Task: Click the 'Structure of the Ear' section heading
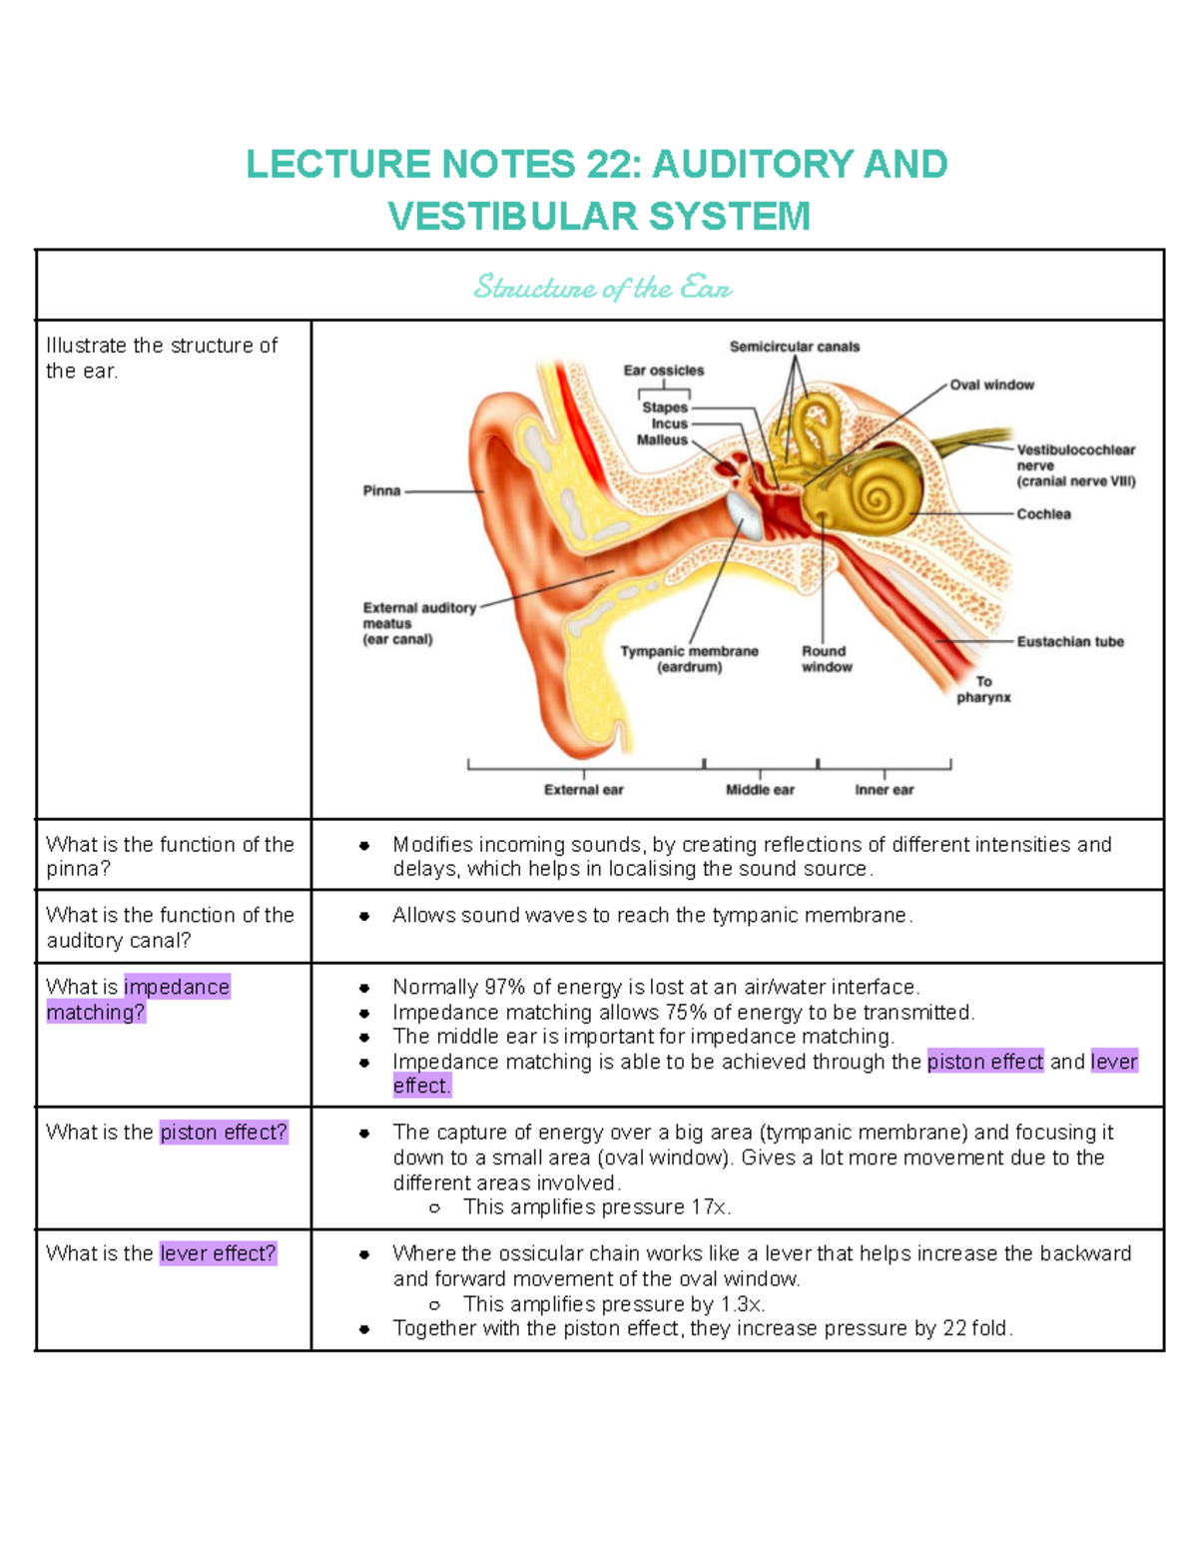click(x=602, y=288)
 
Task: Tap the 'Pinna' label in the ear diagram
click(x=381, y=490)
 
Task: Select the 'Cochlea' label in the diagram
click(x=1043, y=513)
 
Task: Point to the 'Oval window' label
click(x=991, y=385)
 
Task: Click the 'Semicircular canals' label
click(x=794, y=347)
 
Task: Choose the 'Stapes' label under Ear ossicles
click(x=664, y=407)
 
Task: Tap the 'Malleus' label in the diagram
click(x=662, y=439)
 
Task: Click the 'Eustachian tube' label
click(x=1069, y=641)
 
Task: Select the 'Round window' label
click(x=826, y=659)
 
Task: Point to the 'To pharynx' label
click(x=983, y=689)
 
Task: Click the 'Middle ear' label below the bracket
click(x=760, y=790)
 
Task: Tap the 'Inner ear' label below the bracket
click(x=884, y=790)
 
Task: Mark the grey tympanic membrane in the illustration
click(x=745, y=513)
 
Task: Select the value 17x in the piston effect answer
click(x=709, y=1207)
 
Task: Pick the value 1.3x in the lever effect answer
click(x=742, y=1304)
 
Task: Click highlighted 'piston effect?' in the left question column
click(x=224, y=1133)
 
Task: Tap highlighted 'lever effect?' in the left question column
click(x=218, y=1253)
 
